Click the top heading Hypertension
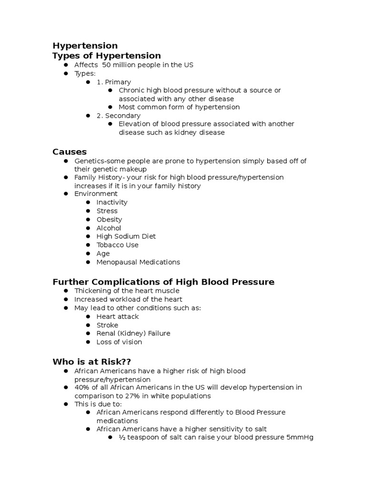coord(85,46)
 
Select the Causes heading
coord(70,152)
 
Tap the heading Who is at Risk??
coord(91,362)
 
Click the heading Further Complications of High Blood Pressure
coord(163,282)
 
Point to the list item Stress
coord(107,211)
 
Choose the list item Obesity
coord(109,219)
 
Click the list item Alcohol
coord(109,228)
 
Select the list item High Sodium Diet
coord(126,236)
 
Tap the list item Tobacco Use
coord(117,245)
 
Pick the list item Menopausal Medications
coord(138,262)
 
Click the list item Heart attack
coord(118,316)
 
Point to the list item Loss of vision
coord(119,342)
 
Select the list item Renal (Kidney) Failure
coord(133,334)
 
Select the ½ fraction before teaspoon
coord(122,437)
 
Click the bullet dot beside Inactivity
coord(88,202)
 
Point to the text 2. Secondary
coord(118,115)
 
